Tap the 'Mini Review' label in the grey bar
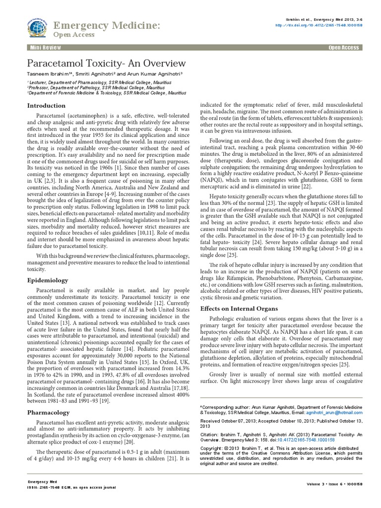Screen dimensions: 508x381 [44, 48]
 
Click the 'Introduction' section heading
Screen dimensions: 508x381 [46, 106]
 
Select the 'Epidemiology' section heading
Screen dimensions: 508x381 [47, 280]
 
